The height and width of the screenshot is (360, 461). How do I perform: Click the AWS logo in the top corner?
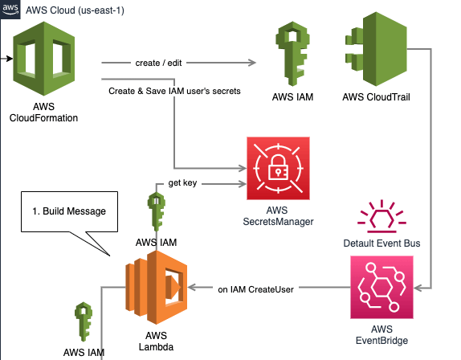coord(10,9)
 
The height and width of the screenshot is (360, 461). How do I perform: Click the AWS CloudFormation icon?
coord(44,59)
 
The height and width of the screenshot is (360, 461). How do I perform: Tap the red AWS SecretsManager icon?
coord(278,168)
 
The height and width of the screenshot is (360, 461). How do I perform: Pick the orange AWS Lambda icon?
coord(156,288)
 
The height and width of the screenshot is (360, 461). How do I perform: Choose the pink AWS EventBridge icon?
coord(381,288)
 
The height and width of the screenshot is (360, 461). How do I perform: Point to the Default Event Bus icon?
coord(381,215)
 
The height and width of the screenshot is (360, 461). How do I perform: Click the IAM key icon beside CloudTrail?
coord(292,54)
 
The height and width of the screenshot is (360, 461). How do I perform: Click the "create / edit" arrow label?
coord(158,63)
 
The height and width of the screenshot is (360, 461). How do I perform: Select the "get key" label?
coord(182,183)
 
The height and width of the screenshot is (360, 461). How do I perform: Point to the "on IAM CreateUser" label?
coord(255,289)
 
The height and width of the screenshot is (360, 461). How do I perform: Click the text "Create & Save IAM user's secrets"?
coord(174,91)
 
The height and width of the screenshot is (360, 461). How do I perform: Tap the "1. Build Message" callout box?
coord(69,212)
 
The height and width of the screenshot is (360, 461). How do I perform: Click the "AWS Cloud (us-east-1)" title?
coord(75,10)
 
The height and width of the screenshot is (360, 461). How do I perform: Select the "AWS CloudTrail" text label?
coord(376,97)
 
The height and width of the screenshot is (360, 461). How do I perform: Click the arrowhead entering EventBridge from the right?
coord(418,288)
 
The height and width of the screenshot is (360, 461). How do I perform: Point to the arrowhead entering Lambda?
coord(192,288)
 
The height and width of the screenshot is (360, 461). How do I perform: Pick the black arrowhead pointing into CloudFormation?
coord(10,59)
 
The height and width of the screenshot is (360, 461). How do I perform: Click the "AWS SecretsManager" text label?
coord(278,216)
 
